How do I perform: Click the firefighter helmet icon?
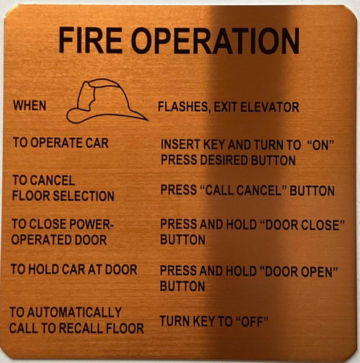pos(106,101)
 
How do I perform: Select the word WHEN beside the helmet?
pos(30,106)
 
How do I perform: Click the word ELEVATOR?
pos(269,107)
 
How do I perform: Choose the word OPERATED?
pos(37,240)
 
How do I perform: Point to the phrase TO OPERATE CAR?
pos(60,143)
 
